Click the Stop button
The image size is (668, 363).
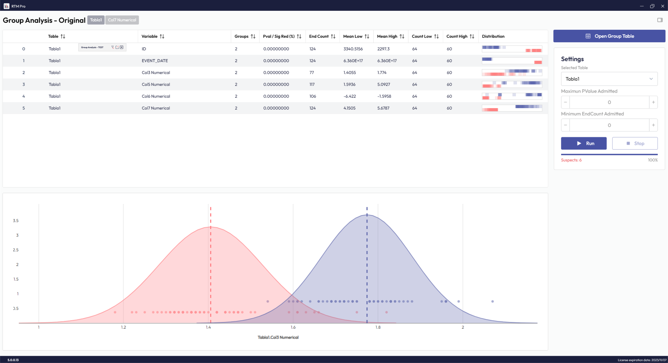pos(635,143)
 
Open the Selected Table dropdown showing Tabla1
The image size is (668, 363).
pos(609,79)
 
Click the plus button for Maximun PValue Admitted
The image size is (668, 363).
pos(653,102)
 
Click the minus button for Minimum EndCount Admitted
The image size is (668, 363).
pos(565,125)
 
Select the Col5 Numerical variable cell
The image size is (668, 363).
pos(156,84)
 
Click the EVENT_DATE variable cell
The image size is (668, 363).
pos(155,61)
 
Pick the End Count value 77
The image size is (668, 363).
pos(312,73)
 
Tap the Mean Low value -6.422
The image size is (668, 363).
pos(350,96)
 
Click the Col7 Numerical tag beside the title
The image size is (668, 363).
pos(122,20)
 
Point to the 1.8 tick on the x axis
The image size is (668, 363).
pos(378,327)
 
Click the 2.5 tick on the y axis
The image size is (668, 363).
pos(16,250)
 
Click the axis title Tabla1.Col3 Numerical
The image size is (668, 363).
pos(278,337)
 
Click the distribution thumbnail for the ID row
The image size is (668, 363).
pos(512,49)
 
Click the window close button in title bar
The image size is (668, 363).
pos(662,6)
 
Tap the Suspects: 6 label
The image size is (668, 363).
pos(571,160)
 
